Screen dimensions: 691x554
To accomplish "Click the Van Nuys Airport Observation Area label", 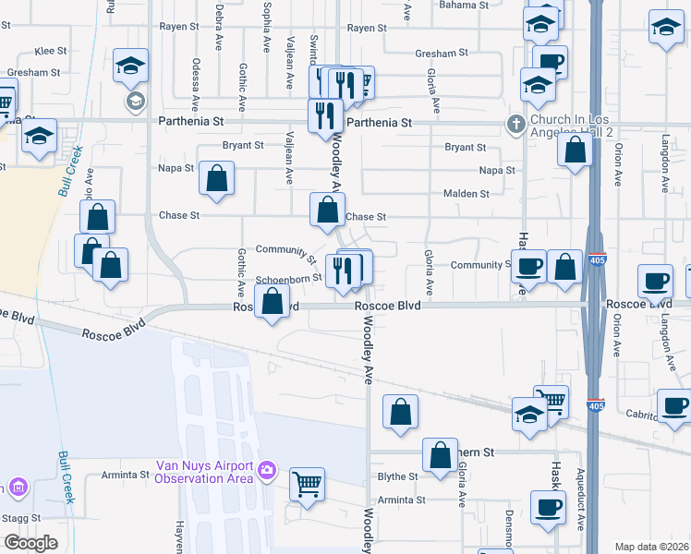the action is tap(202, 471).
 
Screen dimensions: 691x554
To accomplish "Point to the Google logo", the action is tap(30, 543).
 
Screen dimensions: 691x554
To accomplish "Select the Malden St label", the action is tap(471, 194).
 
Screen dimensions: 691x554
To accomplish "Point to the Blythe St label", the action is tap(399, 477).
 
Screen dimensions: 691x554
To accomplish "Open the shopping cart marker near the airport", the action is tap(307, 483).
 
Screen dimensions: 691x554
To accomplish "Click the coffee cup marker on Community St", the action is tap(529, 266).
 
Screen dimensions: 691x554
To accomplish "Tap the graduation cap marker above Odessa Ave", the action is tap(131, 66).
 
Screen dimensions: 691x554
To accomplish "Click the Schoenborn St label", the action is tap(288, 278).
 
